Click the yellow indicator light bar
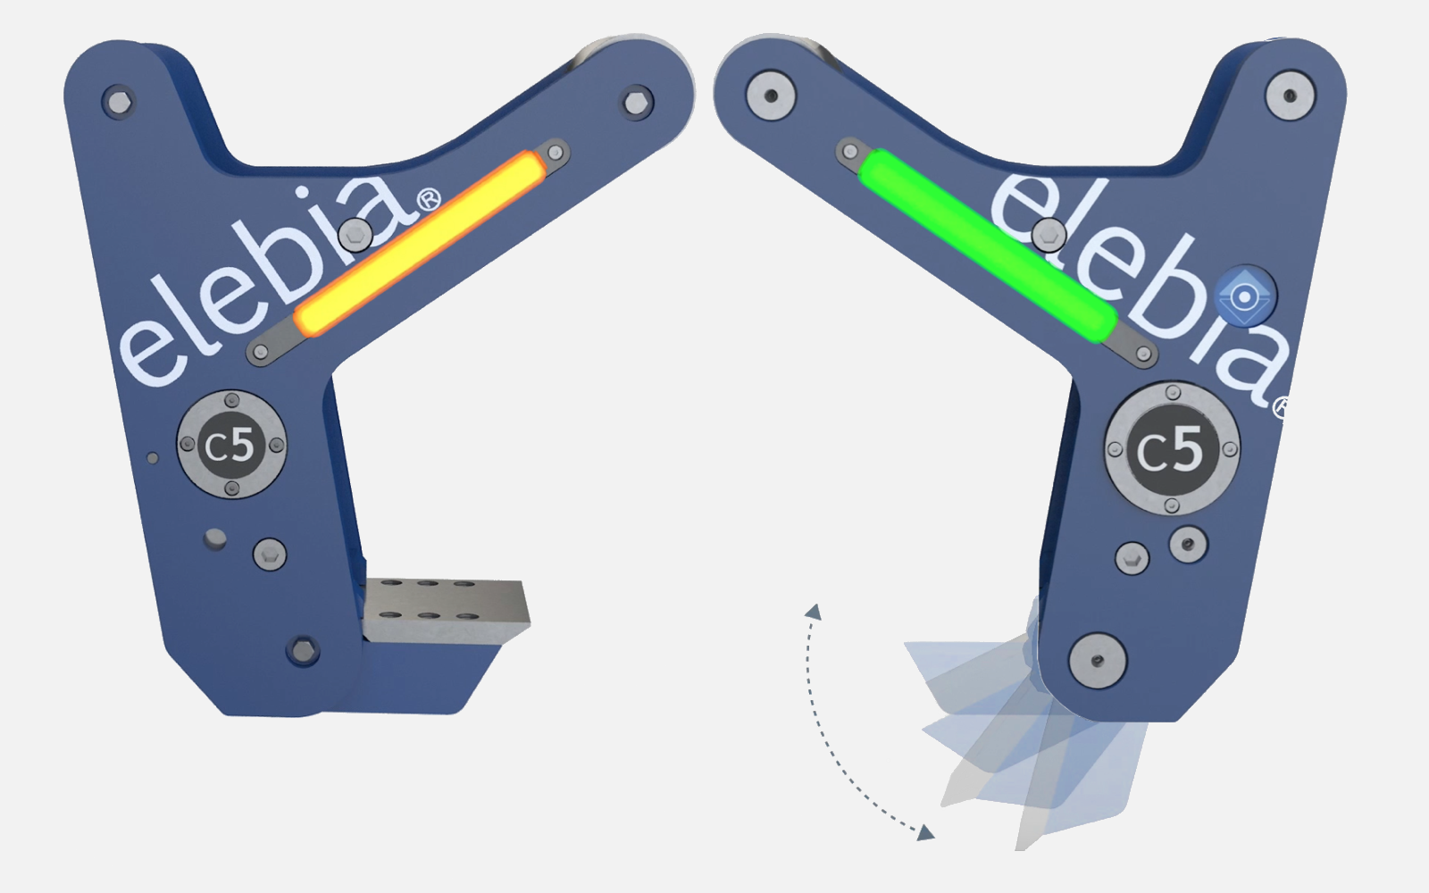(x=421, y=244)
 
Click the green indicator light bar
(x=988, y=246)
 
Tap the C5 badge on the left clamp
(x=231, y=445)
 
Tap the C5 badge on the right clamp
(x=1172, y=448)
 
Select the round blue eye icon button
(x=1245, y=296)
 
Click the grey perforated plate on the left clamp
(x=446, y=609)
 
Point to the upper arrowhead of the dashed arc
(x=814, y=612)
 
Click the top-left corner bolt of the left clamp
(x=119, y=102)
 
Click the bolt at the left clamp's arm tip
(x=637, y=102)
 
